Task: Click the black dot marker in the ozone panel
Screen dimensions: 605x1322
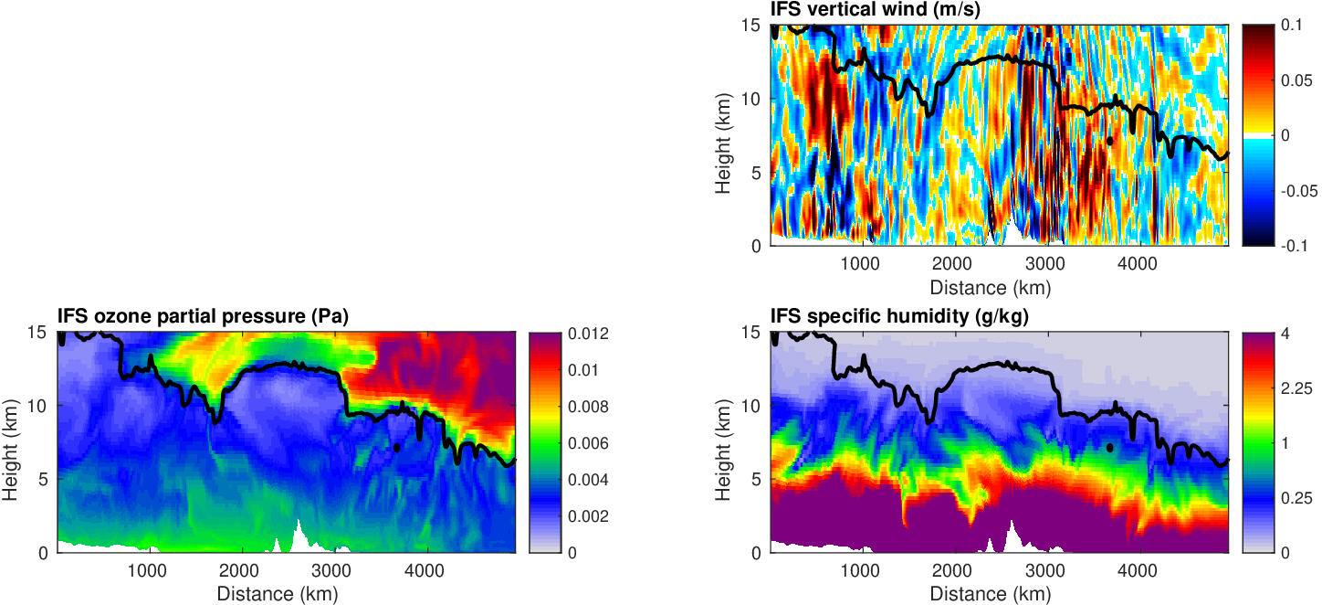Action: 397,448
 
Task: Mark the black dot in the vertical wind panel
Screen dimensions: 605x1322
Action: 1109,140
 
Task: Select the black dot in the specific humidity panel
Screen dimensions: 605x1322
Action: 1109,448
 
